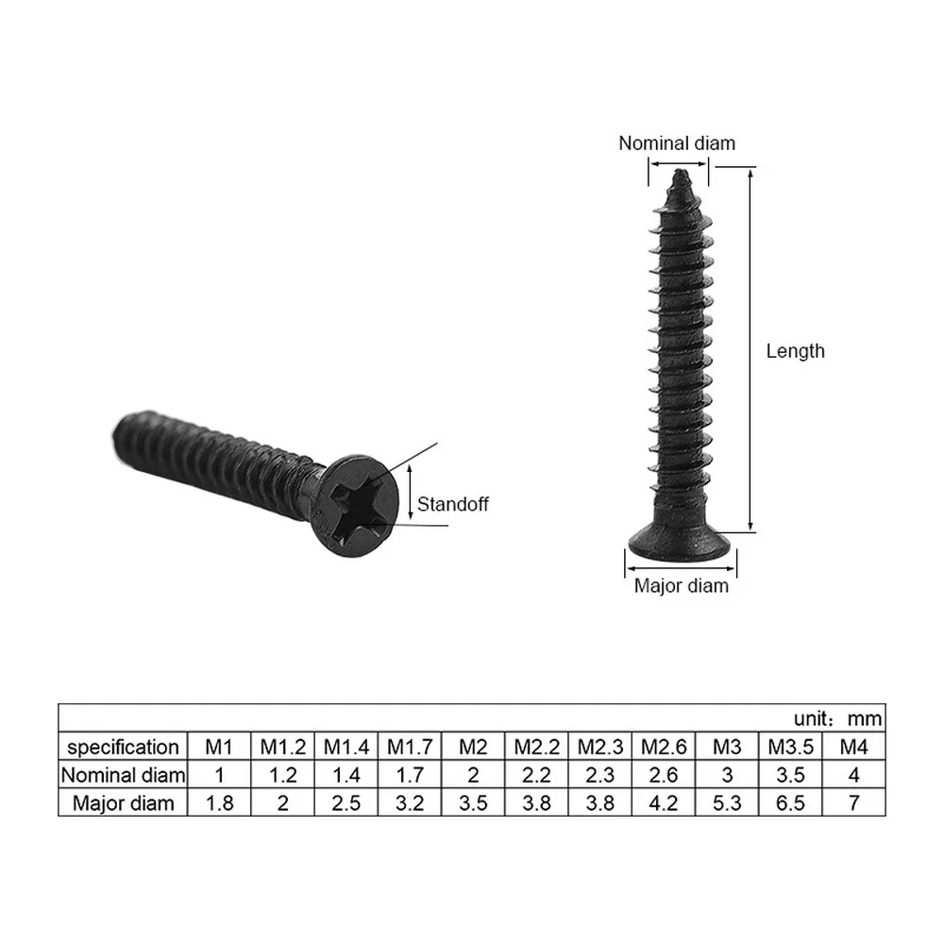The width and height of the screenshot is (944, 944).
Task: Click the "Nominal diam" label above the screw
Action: coord(676,143)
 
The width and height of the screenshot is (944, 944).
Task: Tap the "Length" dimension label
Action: coord(795,351)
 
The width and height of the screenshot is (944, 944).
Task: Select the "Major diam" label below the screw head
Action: coord(681,586)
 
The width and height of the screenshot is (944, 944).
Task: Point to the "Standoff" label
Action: coord(453,504)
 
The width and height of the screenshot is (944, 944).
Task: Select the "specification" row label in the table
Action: coord(124,748)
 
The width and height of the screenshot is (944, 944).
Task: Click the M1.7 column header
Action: coord(410,748)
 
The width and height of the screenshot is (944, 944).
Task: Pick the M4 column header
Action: coord(853,748)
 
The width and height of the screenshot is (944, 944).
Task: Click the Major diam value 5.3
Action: coord(727,803)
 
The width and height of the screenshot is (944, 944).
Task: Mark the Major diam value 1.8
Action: coord(219,803)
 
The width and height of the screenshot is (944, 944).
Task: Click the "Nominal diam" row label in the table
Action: coord(124,776)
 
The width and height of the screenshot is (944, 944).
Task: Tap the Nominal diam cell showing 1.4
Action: coord(346,776)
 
